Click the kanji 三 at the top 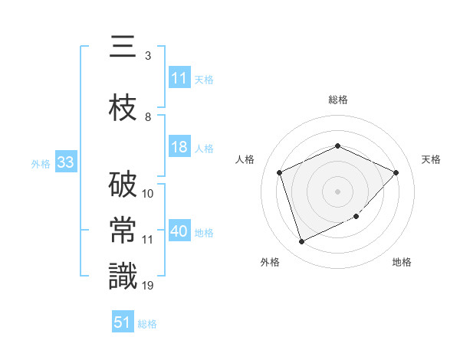tap(123, 50)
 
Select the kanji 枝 tap(123, 110)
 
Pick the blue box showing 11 tap(179, 78)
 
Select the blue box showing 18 tap(179, 148)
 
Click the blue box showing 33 tap(65, 163)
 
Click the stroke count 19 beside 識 tap(148, 286)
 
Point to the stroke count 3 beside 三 tap(147, 56)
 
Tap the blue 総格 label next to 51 tap(147, 324)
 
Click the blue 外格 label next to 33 tap(41, 164)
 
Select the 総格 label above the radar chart tap(337, 100)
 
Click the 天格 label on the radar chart tap(431, 159)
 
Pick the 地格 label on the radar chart tap(402, 263)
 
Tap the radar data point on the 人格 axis tap(280, 172)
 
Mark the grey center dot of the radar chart tap(337, 191)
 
